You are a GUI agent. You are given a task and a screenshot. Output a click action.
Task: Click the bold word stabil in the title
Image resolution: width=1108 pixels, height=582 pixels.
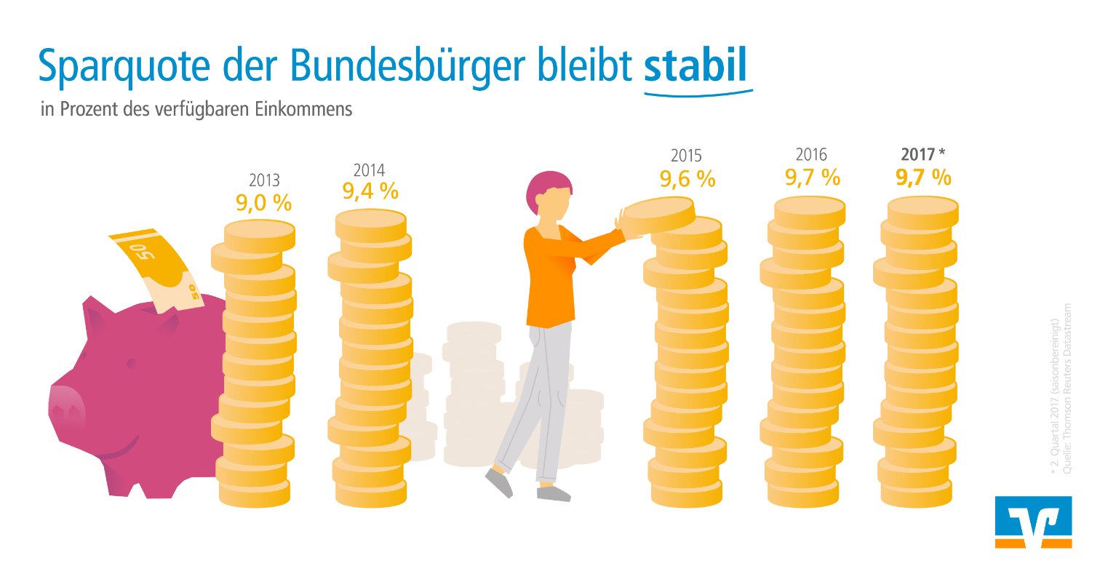coord(696,65)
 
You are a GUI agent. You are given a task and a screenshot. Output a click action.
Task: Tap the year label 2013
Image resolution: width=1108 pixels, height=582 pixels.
coord(264,180)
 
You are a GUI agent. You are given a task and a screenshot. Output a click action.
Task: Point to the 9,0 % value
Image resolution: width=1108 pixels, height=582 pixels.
coord(263,202)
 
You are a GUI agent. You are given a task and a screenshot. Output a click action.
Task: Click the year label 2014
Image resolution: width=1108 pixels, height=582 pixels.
coord(369,170)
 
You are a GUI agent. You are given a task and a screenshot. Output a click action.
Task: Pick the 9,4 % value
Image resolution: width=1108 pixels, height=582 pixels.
coord(370,191)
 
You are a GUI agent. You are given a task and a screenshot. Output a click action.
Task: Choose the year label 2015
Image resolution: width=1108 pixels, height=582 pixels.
coord(686,156)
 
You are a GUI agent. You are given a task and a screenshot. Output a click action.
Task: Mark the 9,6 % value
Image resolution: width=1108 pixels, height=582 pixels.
coord(687,178)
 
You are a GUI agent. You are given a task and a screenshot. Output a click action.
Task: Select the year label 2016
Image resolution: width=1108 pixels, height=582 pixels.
coord(811,154)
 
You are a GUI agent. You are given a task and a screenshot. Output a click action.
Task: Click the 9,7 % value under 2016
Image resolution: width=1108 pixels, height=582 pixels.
coord(812,177)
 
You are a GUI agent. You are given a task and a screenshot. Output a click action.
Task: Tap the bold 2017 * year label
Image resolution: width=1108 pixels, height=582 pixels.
coord(922,154)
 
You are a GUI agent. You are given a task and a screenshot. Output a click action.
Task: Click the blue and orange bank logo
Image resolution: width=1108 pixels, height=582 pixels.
coord(1032,522)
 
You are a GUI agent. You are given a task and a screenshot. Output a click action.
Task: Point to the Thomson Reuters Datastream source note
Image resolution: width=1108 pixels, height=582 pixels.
coord(1067,388)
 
